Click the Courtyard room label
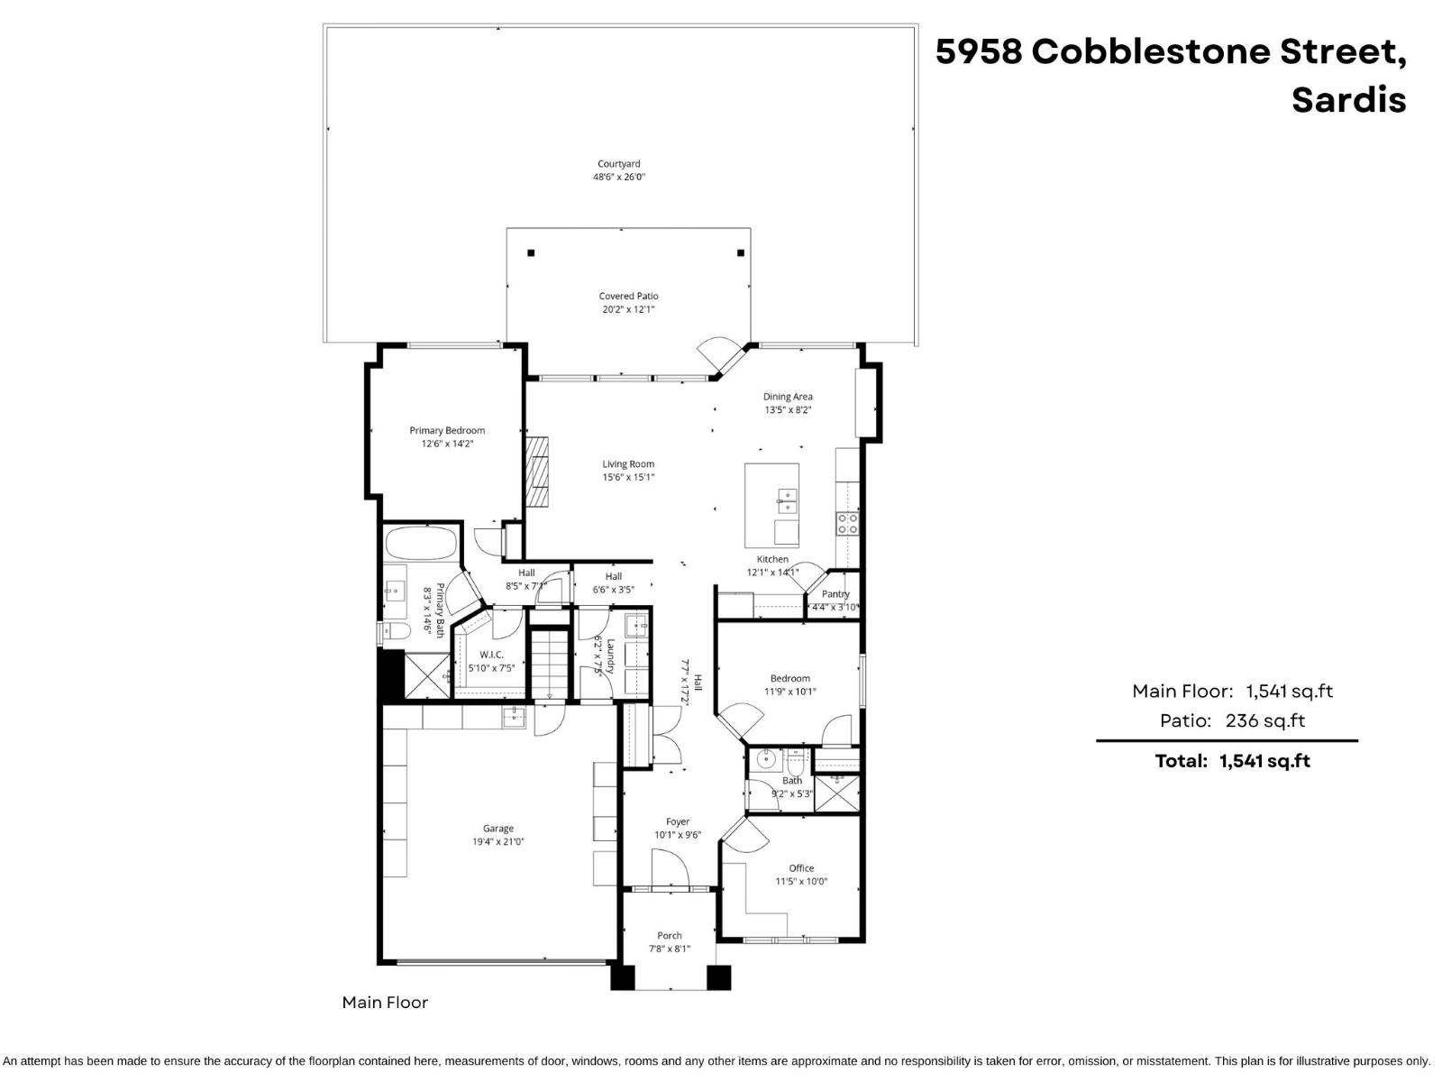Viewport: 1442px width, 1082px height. point(618,164)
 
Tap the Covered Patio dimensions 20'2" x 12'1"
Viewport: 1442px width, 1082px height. point(628,309)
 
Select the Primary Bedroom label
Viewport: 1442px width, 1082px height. point(447,430)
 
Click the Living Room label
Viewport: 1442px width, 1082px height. point(628,464)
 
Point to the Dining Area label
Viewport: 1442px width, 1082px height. point(788,396)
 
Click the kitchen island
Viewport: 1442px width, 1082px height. point(771,505)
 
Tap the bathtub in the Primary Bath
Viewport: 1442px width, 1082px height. point(421,544)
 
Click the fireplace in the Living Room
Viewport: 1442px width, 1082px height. point(537,473)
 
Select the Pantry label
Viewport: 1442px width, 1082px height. point(835,594)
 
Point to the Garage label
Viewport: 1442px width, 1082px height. point(498,828)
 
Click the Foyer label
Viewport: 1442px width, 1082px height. point(678,821)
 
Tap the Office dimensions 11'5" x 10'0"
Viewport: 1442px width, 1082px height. point(801,882)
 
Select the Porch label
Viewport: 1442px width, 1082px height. point(670,935)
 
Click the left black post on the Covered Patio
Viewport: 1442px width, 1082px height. point(531,253)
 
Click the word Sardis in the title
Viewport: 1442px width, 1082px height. point(1348,99)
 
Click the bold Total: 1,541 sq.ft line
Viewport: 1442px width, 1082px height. point(1232,761)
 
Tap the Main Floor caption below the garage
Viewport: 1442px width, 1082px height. point(385,1002)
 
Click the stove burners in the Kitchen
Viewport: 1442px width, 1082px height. point(847,523)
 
